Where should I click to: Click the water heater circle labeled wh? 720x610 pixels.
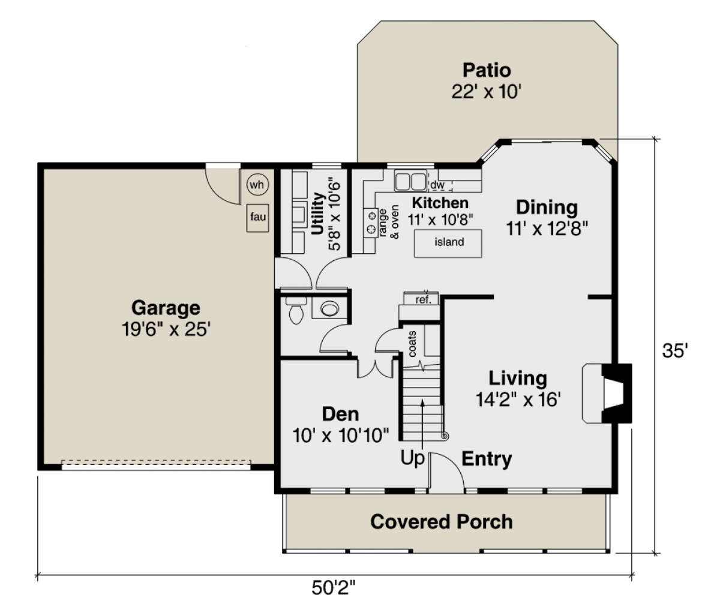[258, 185]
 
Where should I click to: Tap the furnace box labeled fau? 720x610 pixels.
[258, 218]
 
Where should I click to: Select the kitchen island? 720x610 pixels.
[448, 244]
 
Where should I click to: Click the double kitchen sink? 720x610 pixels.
[410, 181]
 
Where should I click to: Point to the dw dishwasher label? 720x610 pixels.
[437, 185]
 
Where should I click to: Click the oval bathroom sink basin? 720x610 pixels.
[329, 308]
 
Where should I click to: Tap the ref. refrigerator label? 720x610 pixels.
[423, 300]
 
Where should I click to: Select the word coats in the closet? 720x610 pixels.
[412, 344]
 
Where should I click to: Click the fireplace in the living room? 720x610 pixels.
[607, 393]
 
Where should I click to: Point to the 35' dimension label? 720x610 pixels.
[675, 351]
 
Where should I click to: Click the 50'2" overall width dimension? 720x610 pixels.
[334, 588]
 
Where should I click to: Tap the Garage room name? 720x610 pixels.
[166, 308]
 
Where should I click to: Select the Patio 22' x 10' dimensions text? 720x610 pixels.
[486, 92]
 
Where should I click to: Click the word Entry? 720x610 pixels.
[487, 459]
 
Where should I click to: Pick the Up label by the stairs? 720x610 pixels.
[412, 458]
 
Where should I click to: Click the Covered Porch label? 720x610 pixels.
[442, 522]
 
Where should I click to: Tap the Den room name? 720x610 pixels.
[340, 414]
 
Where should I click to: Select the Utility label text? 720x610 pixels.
[317, 214]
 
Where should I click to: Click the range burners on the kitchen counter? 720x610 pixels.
[371, 223]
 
